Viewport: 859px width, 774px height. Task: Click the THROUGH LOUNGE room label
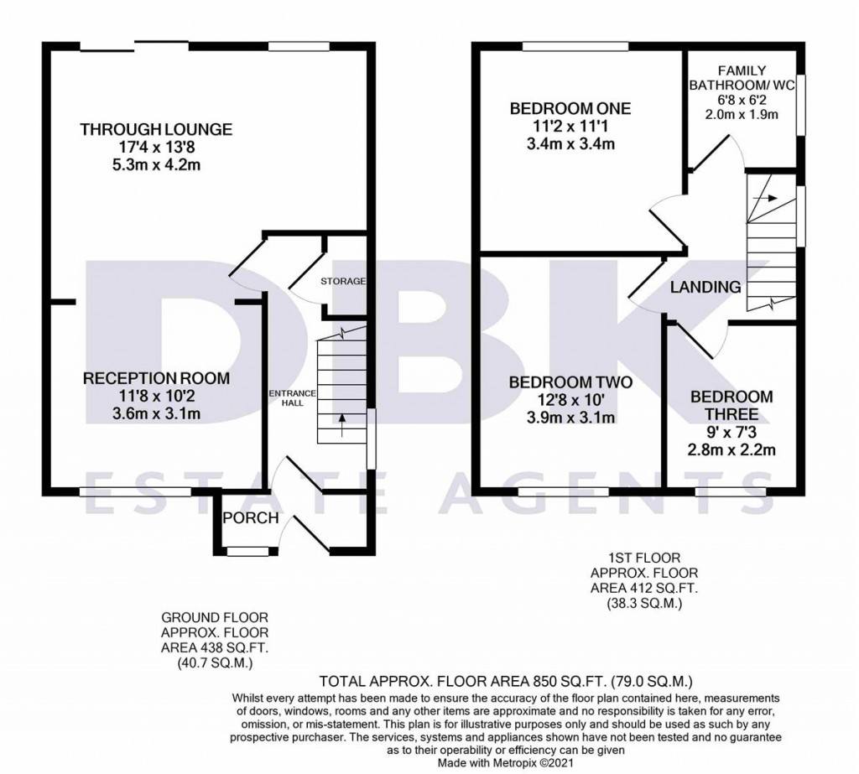click(x=155, y=129)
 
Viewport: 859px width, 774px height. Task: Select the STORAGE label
click(x=342, y=281)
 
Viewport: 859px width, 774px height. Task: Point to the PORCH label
click(x=250, y=518)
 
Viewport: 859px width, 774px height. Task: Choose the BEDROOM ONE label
click(x=570, y=109)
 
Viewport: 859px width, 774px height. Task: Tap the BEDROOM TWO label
click(x=570, y=383)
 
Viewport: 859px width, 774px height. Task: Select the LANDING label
click(x=705, y=288)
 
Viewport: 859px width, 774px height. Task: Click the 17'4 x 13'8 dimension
click(x=155, y=147)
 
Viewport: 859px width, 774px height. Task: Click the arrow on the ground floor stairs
click(x=342, y=422)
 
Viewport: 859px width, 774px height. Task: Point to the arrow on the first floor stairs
click(x=764, y=200)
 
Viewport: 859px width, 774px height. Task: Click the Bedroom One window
click(x=575, y=47)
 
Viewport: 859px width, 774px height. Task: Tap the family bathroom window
click(x=800, y=104)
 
